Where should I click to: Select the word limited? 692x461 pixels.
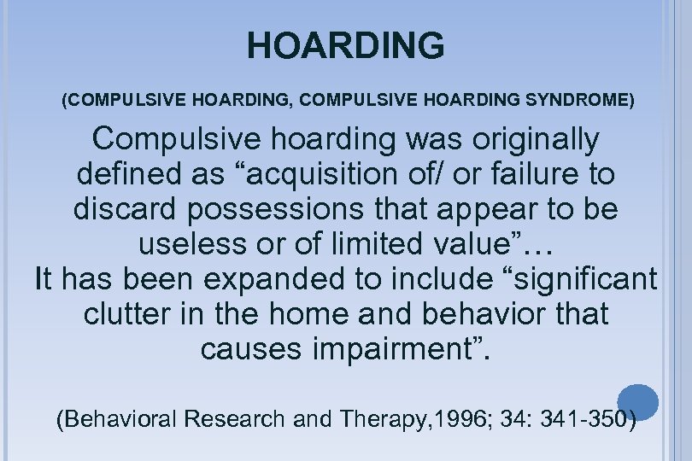tap(371, 244)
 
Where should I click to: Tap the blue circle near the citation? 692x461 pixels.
tap(637, 401)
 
